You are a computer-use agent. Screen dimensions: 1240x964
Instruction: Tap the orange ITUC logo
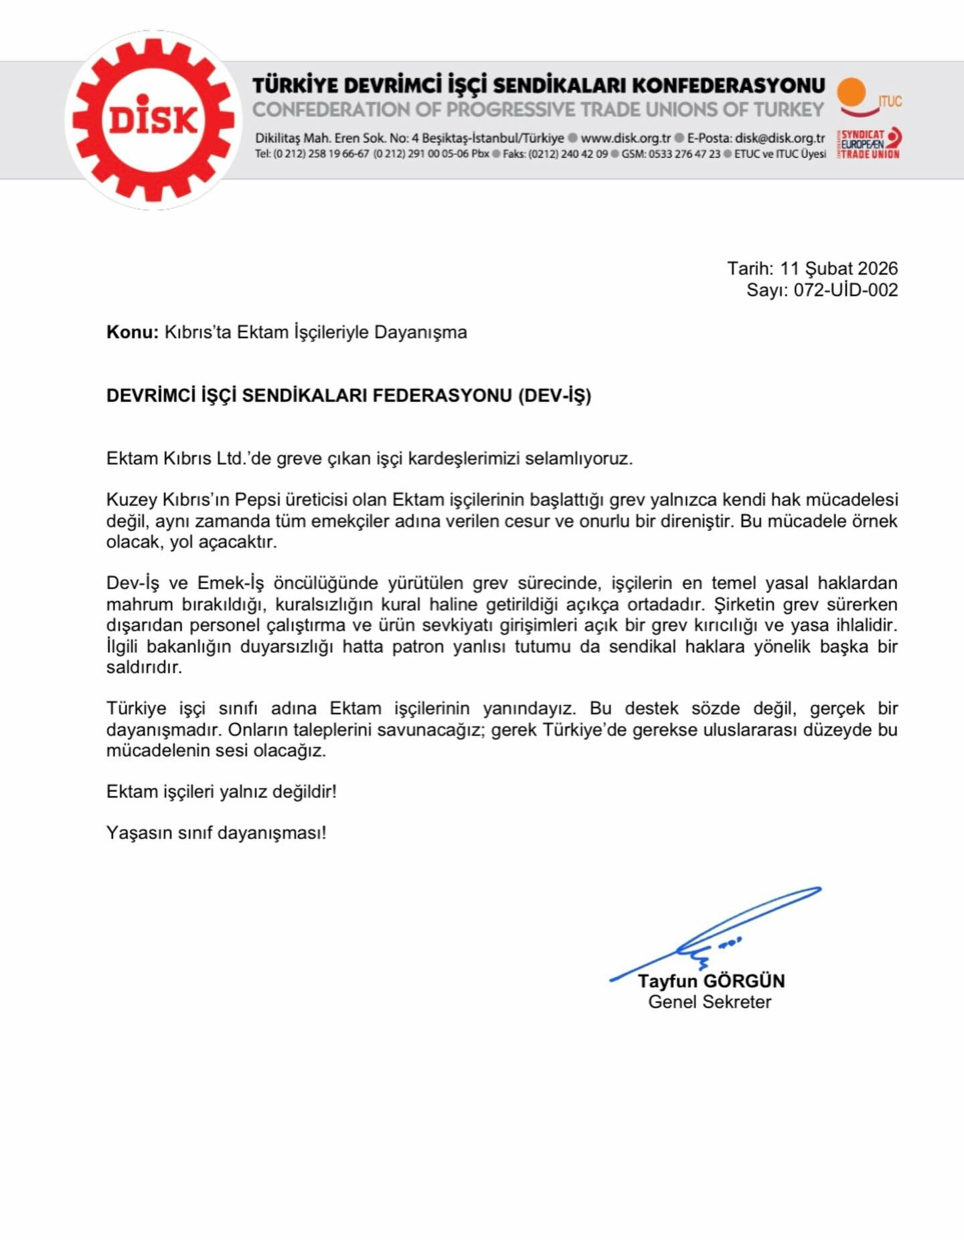pyautogui.click(x=868, y=98)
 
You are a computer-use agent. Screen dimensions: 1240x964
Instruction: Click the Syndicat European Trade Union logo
pyautogui.click(x=869, y=144)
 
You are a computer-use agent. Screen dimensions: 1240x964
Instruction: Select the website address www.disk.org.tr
pyautogui.click(x=625, y=139)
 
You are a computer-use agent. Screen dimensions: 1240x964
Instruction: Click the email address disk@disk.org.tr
pyautogui.click(x=780, y=139)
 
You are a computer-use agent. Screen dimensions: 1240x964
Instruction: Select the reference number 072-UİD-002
pyautogui.click(x=846, y=290)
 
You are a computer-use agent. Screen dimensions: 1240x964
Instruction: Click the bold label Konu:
pyautogui.click(x=133, y=332)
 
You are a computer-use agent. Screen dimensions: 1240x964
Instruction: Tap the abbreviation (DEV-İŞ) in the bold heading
pyautogui.click(x=554, y=396)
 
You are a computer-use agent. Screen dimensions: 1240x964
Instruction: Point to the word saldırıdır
pyautogui.click(x=144, y=668)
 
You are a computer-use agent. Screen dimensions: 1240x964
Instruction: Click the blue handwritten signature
pyautogui.click(x=716, y=934)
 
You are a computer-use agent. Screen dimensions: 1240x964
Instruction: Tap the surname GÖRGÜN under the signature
pyautogui.click(x=744, y=982)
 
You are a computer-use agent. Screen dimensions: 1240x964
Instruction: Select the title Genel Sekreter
pyautogui.click(x=710, y=1002)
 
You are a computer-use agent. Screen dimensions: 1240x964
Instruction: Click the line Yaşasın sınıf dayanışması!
pyautogui.click(x=216, y=833)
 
